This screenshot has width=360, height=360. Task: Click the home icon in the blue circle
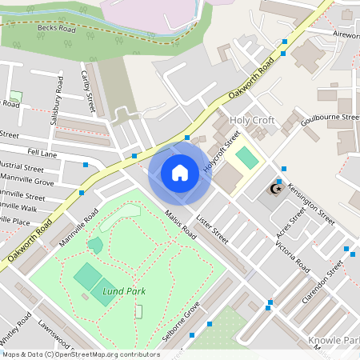point(180,173)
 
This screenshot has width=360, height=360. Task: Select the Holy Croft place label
point(252,120)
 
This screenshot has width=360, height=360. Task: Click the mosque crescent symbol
point(276,189)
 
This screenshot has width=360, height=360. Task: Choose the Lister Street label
point(212,230)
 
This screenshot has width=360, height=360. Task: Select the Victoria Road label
point(292,254)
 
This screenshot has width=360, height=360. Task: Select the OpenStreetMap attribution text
point(80,354)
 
